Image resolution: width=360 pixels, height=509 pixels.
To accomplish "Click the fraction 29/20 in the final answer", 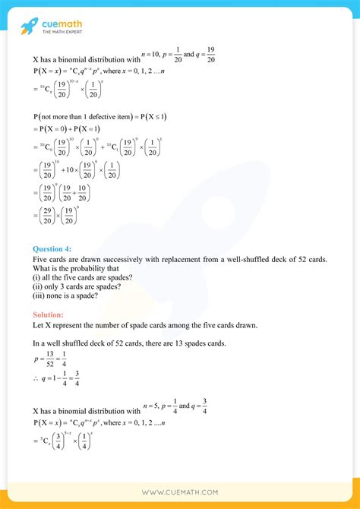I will tap(46, 217).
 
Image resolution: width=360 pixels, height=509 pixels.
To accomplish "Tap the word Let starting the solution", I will tap(39, 326).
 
